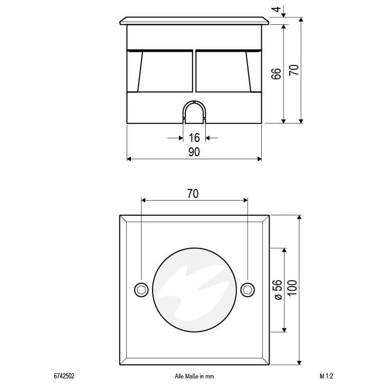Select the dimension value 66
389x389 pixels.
click(276, 74)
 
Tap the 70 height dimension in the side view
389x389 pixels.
click(294, 70)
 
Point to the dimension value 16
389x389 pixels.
click(194, 138)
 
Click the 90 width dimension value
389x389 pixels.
click(194, 152)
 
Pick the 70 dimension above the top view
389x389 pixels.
click(193, 194)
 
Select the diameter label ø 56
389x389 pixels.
click(278, 290)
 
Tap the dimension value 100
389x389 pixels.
click(292, 288)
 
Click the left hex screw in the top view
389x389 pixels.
click(141, 290)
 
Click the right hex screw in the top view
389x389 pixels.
click(248, 290)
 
